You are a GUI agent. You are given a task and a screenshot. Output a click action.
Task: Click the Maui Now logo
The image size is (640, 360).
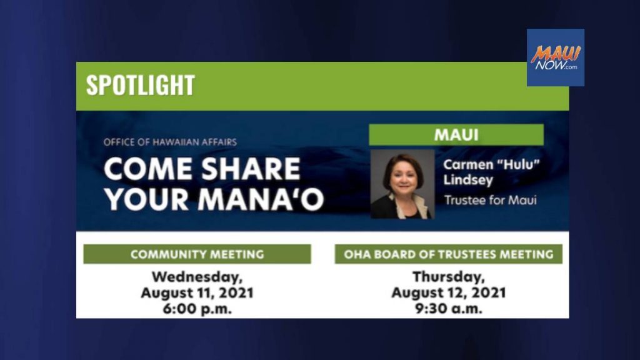555,57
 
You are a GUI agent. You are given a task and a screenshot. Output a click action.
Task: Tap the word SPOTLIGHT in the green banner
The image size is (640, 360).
141,85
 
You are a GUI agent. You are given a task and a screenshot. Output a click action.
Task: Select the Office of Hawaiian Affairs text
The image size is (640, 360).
170,142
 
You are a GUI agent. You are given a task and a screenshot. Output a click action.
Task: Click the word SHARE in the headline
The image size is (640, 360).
251,169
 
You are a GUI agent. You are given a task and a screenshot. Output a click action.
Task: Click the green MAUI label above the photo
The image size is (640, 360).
456,135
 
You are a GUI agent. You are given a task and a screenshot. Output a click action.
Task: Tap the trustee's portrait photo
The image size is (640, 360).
402,184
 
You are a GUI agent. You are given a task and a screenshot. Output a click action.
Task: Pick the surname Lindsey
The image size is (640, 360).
468,180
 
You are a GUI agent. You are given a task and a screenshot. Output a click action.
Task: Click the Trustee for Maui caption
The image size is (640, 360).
490,201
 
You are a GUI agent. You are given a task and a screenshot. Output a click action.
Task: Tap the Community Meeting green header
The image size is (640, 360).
197,254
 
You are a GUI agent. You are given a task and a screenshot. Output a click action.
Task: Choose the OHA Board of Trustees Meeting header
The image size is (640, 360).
449,254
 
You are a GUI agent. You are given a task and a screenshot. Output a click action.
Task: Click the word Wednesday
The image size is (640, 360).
197,277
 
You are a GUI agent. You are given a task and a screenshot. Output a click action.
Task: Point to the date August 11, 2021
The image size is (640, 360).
197,292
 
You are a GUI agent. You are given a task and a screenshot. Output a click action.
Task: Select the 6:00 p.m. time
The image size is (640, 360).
197,309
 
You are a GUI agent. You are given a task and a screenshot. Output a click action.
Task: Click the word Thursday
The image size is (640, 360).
449,277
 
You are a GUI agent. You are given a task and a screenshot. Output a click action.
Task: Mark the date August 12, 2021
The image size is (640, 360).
449,292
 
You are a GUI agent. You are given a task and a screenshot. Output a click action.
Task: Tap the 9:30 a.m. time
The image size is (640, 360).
449,309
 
